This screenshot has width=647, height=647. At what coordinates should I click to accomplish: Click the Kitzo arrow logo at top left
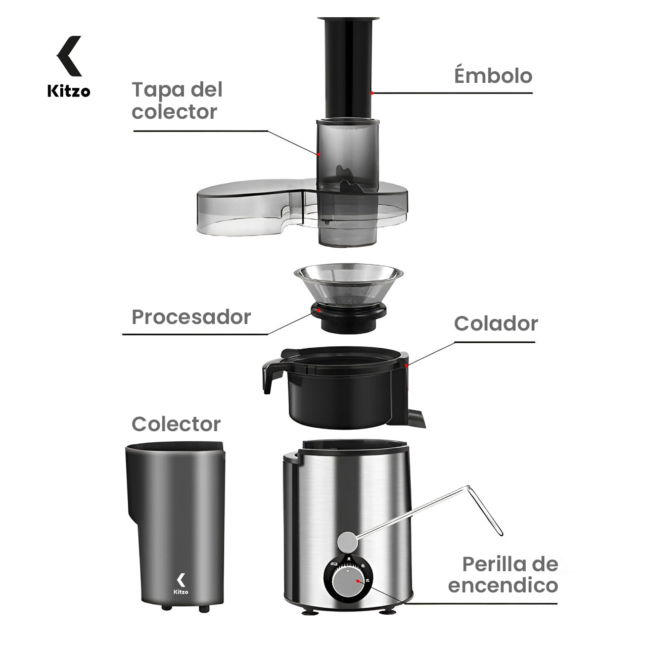pos(69,56)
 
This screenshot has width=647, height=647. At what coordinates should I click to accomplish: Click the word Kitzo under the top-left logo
pos(69,91)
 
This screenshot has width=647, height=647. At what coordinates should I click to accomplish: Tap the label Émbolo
pos(493,76)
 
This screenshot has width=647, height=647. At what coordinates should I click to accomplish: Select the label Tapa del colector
pos(177,101)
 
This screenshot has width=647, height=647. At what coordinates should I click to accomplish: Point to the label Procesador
pos(191,317)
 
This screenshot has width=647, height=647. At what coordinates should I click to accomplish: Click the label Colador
pos(495,323)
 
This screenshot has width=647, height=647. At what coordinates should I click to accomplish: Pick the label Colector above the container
pos(176,424)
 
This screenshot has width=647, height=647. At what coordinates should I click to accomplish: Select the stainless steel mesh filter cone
pos(348,286)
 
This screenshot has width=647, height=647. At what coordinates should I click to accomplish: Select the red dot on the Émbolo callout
pos(372,93)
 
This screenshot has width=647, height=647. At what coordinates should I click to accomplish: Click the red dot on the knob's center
pos(358,582)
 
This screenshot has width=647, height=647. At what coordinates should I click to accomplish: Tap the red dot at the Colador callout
pos(407,363)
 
